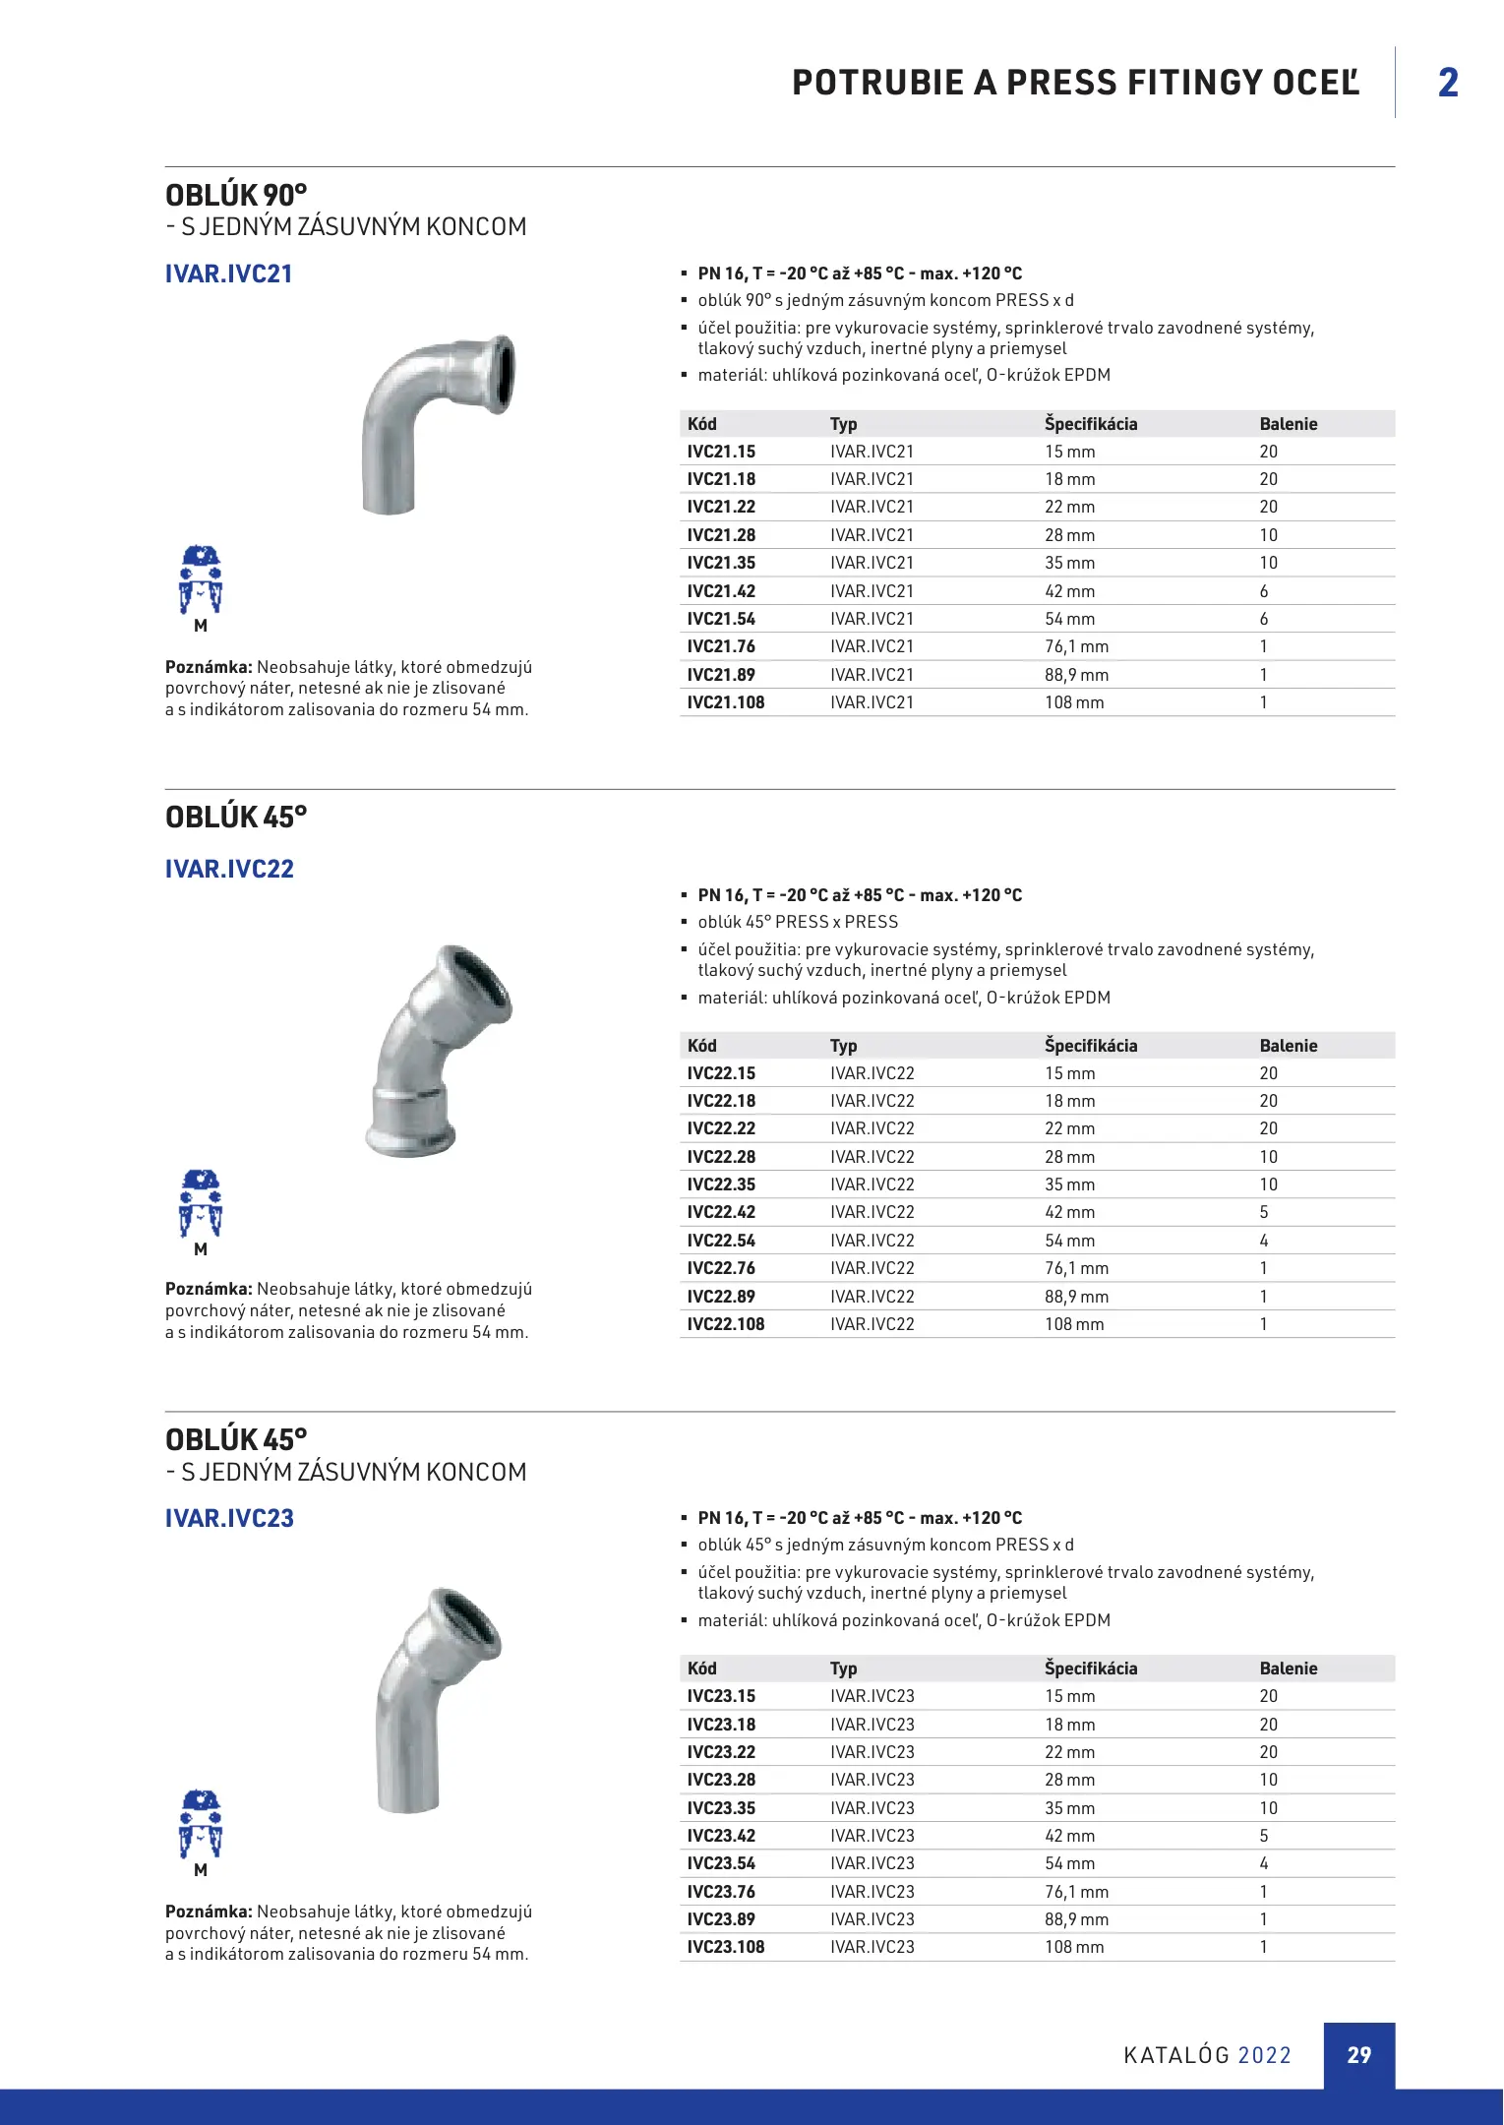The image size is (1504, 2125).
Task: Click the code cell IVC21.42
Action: click(x=721, y=591)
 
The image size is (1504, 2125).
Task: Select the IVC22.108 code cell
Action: click(x=725, y=1324)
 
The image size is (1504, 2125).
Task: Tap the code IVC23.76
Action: click(x=721, y=1892)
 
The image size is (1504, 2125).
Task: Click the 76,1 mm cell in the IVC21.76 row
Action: click(x=1076, y=646)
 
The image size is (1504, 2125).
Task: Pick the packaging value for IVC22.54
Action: click(x=1264, y=1241)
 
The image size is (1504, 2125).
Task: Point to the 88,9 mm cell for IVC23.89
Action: click(x=1076, y=1919)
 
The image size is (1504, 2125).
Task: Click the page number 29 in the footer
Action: click(x=1358, y=2055)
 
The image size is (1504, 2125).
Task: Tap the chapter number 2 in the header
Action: click(x=1448, y=83)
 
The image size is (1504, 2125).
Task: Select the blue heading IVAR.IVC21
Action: click(x=229, y=273)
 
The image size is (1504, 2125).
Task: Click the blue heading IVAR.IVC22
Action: click(x=229, y=869)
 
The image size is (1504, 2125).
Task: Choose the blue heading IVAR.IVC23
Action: click(x=229, y=1518)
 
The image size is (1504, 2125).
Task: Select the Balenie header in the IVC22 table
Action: click(x=1288, y=1046)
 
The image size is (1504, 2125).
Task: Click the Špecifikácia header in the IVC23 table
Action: click(x=1090, y=1669)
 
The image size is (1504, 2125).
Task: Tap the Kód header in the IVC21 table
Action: click(x=702, y=424)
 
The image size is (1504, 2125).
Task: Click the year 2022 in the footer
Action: click(x=1264, y=2055)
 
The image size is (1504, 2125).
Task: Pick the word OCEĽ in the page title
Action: click(x=1315, y=83)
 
